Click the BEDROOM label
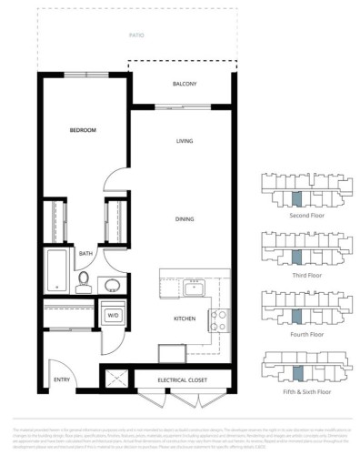(83, 130)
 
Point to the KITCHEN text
(185, 318)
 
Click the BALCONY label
(185, 85)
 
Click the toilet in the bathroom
(84, 278)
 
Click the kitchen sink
(193, 289)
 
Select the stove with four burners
(219, 318)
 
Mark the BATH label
(85, 254)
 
